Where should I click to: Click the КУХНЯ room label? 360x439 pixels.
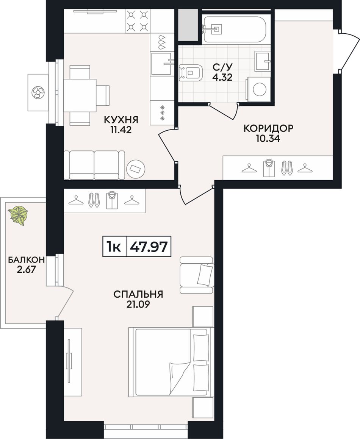tap(121, 120)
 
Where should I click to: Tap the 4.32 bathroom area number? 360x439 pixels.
tap(222, 77)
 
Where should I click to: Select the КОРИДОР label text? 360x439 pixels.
tap(268, 128)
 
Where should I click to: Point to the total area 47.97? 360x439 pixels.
tap(149, 247)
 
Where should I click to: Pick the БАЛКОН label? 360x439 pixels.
tap(26, 260)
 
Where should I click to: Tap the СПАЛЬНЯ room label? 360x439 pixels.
tap(138, 294)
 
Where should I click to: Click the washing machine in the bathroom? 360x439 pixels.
tap(258, 89)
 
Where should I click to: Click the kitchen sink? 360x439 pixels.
tap(162, 64)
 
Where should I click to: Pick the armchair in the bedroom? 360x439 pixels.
tap(197, 275)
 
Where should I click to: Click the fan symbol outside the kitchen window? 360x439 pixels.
tap(38, 92)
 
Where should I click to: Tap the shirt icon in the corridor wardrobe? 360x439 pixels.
tap(269, 168)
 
